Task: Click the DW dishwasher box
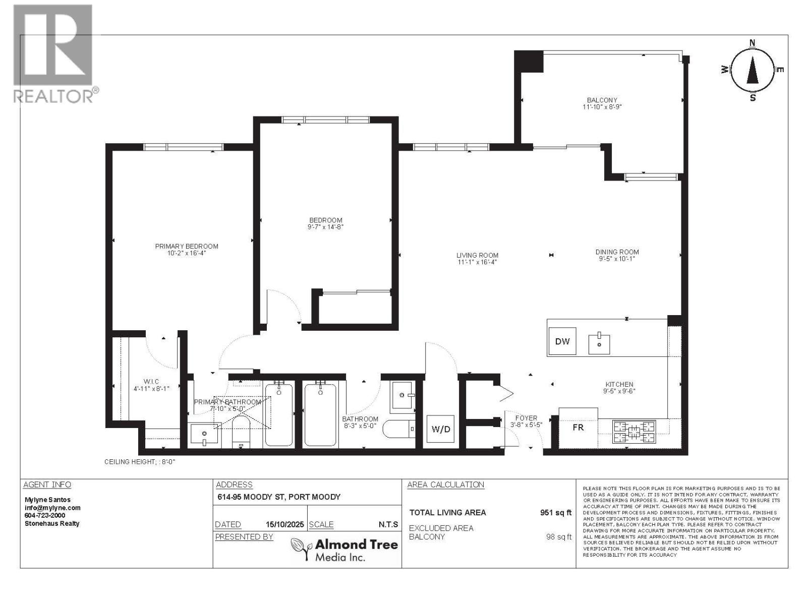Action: [562, 341]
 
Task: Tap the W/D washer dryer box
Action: [441, 430]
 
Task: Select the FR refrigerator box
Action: [578, 428]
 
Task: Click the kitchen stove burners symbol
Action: [634, 432]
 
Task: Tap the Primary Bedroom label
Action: [187, 247]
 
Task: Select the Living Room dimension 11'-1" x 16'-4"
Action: [477, 262]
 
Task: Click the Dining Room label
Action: [617, 252]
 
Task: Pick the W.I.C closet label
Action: [151, 382]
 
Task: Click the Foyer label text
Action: [526, 418]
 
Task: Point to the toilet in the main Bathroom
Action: [398, 430]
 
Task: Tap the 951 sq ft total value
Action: [556, 513]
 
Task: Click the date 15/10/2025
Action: [285, 524]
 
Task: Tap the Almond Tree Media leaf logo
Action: [301, 549]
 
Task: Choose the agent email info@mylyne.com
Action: [52, 508]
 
